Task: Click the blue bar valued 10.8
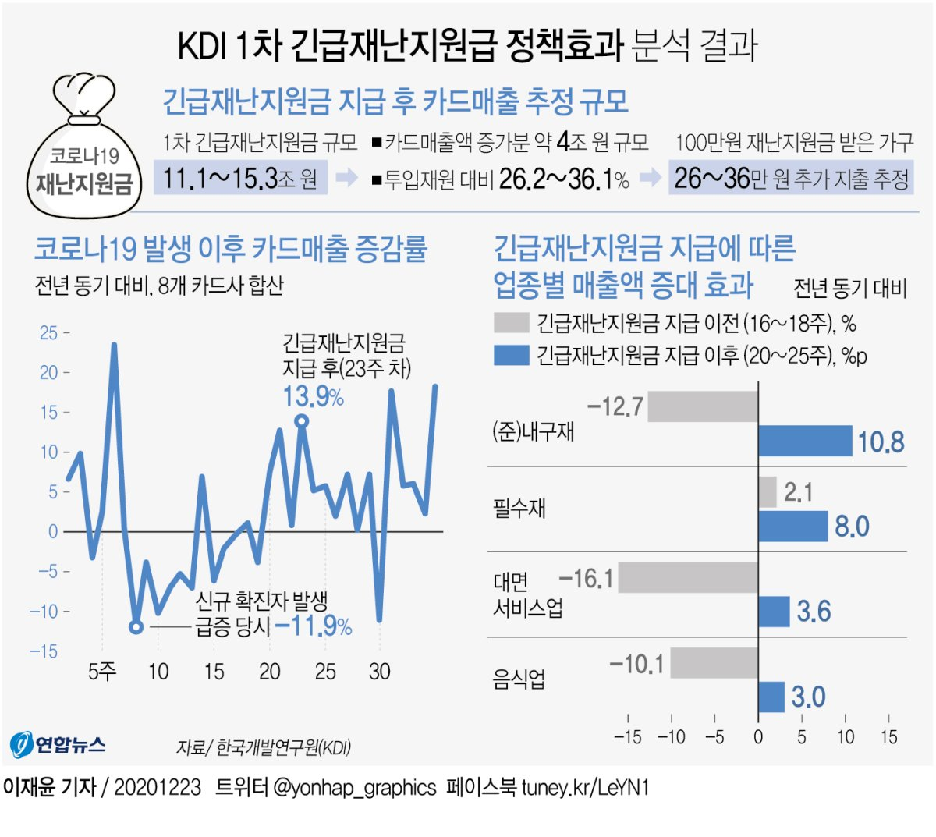tap(805, 441)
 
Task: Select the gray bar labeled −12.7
tap(703, 406)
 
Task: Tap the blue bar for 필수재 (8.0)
tap(792, 526)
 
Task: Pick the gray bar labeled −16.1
tap(688, 578)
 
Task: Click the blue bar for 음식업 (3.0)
tap(771, 697)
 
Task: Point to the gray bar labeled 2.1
tap(768, 492)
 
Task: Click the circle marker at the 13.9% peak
tap(302, 421)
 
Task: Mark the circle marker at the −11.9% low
tap(136, 626)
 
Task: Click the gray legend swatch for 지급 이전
tap(512, 323)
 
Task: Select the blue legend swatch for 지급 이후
tap(512, 356)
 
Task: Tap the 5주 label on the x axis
tap(102, 672)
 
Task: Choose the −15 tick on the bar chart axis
tap(627, 737)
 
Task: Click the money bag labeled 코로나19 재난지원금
tap(84, 148)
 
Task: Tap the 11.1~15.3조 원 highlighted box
tap(240, 179)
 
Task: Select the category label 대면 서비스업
tap(527, 595)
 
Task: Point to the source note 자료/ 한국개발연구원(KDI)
tap(264, 747)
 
